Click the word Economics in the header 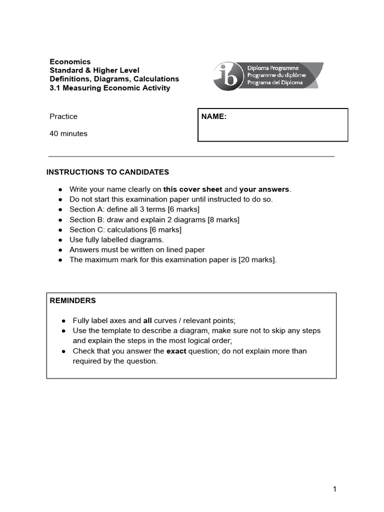pos(70,61)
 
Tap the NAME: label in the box pos(214,116)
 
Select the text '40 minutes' pos(68,133)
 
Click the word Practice pos(63,116)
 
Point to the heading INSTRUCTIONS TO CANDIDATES pos(107,172)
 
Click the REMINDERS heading pos(73,300)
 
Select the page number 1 pos(334,489)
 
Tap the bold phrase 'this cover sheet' pos(192,189)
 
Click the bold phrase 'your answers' pos(264,189)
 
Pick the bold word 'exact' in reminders pos(177,351)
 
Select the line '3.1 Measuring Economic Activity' pos(110,88)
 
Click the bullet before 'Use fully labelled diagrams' pos(60,239)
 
